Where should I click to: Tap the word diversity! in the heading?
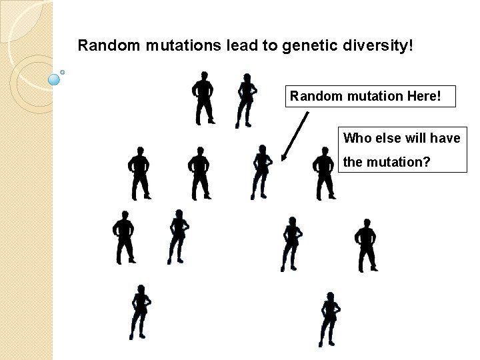[x=380, y=46]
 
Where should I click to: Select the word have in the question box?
[x=445, y=138]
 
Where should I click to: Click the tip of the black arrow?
[x=283, y=160]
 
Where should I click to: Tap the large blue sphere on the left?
[x=55, y=80]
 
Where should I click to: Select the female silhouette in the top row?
[x=246, y=100]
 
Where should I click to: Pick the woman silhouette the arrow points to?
[x=261, y=172]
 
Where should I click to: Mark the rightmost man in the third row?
[x=365, y=244]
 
